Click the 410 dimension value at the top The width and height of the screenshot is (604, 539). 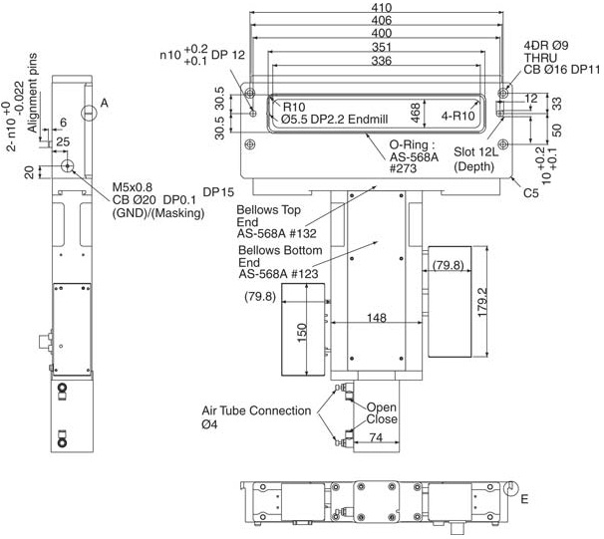(x=382, y=7)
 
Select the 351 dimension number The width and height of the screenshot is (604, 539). (x=382, y=47)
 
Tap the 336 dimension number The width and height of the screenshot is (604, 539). (x=382, y=61)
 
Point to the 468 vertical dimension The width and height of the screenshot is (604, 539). (x=416, y=113)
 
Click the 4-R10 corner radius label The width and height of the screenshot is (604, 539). (x=458, y=116)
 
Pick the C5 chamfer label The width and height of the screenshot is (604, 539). (x=531, y=192)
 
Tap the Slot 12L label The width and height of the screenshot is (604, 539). (x=476, y=151)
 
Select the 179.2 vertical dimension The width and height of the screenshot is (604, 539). (x=482, y=302)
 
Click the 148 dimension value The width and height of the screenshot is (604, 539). (x=377, y=318)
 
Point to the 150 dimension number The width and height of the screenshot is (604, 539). (x=302, y=332)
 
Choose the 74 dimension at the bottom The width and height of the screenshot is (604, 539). (x=376, y=437)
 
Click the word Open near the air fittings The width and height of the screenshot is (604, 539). (x=382, y=407)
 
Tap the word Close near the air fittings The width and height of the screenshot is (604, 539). (x=382, y=418)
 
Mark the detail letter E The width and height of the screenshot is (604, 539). (x=524, y=499)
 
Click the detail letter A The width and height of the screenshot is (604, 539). (x=104, y=104)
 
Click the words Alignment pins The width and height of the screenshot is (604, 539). (x=32, y=93)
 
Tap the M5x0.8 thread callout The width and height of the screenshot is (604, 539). (x=133, y=187)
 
